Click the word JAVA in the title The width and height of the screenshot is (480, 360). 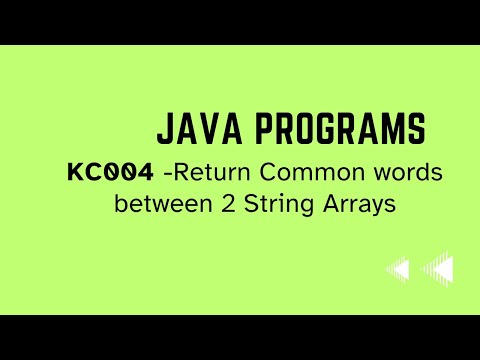(195, 129)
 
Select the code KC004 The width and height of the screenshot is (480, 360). (111, 172)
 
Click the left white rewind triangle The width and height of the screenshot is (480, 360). (398, 269)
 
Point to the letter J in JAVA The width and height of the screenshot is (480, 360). (164, 129)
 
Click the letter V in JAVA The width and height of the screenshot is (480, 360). (205, 129)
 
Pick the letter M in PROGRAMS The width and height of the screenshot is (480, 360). (379, 129)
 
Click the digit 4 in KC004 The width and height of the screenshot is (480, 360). (145, 172)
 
